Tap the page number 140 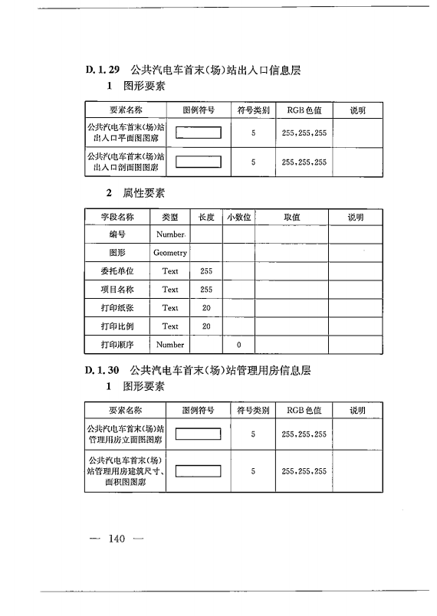pos(117,539)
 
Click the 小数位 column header pos(238,218)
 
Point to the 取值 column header pos(291,218)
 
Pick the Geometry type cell pos(170,253)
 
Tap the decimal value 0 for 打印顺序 pos(238,345)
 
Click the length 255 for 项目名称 pos(205,290)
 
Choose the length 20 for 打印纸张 pos(205,308)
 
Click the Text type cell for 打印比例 pos(170,326)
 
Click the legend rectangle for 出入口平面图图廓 pos(199,133)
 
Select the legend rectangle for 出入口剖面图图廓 pos(199,162)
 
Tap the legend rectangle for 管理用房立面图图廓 pos(199,434)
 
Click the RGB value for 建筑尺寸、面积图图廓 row pos(304,471)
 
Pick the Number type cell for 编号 pos(170,234)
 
